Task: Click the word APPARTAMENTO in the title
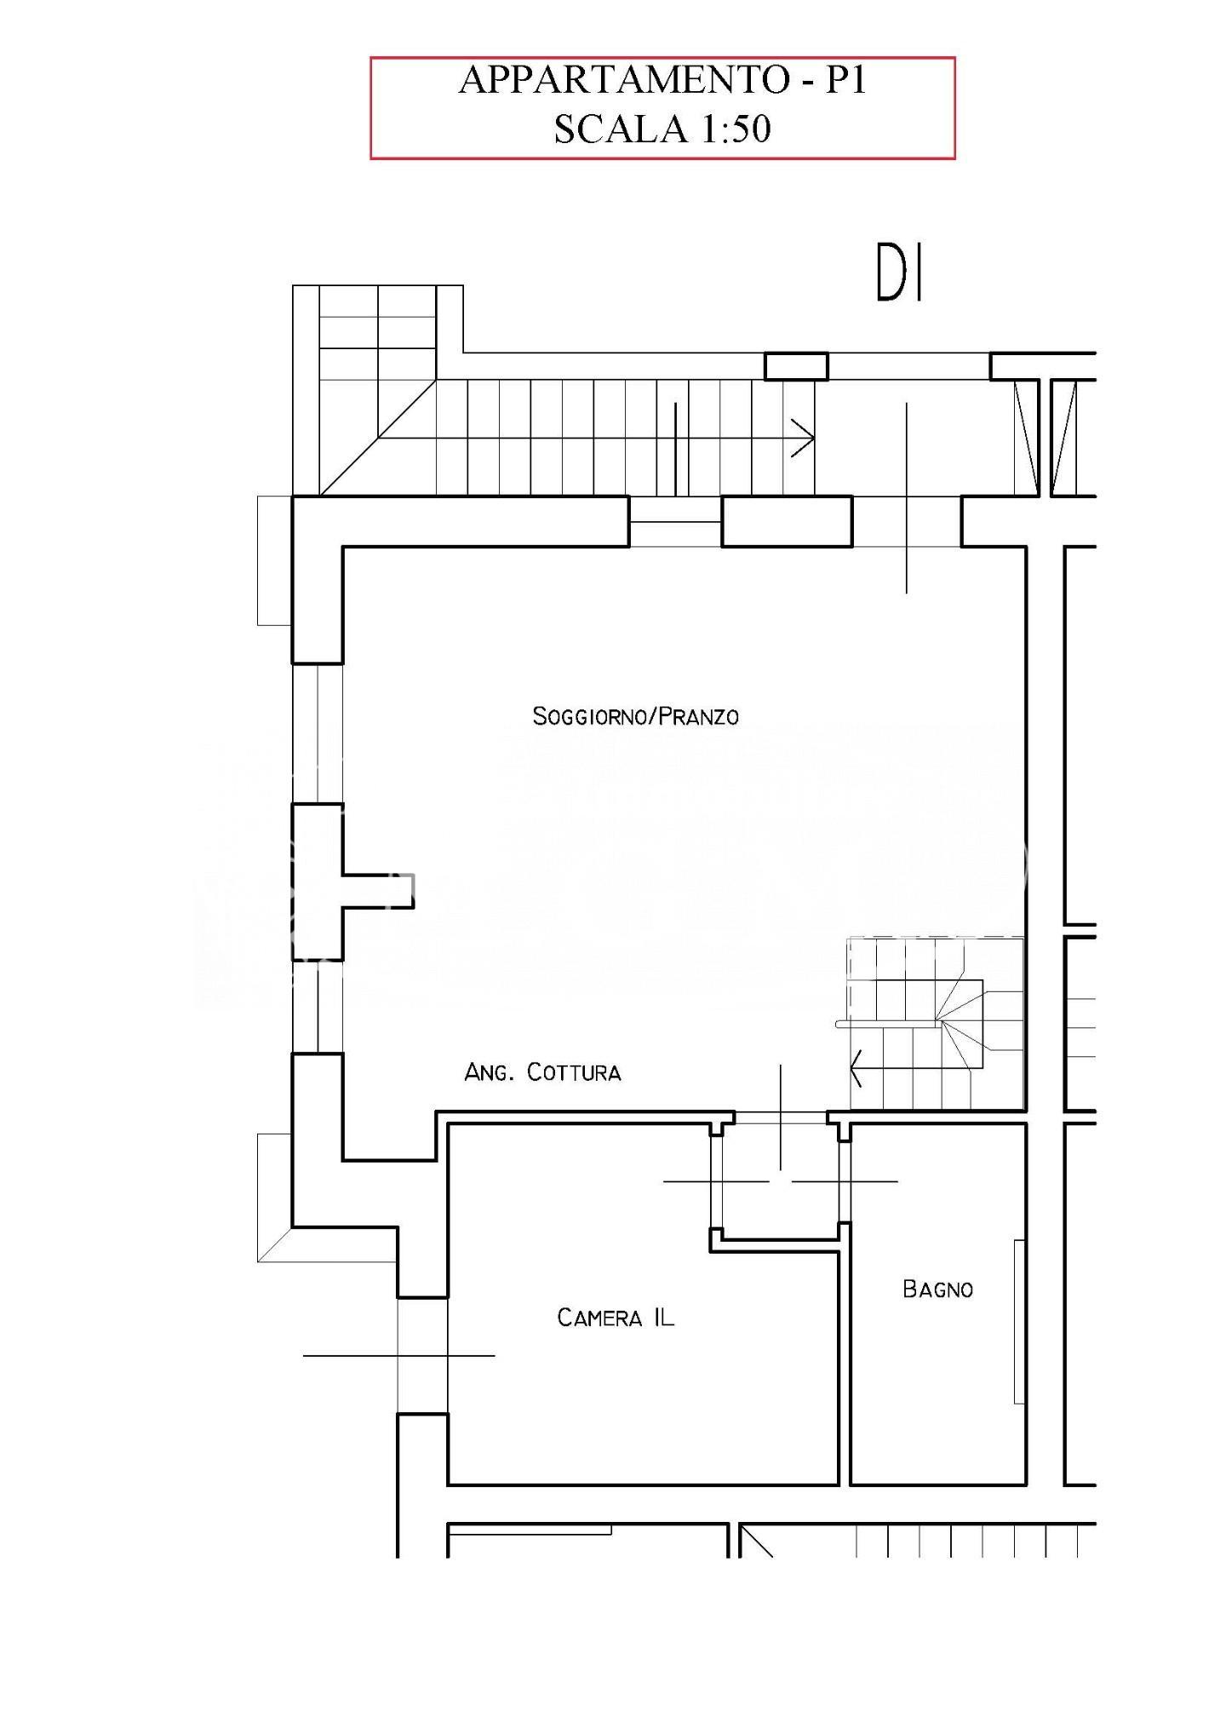[x=624, y=81]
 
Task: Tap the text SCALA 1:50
[x=662, y=129]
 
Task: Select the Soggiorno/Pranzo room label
[x=635, y=716]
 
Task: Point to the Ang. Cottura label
[x=542, y=1072]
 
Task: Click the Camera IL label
[x=615, y=1318]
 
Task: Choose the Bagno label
[x=937, y=1289]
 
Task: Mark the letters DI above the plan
[x=900, y=274]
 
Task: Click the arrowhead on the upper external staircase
[x=804, y=439]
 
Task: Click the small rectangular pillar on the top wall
[x=796, y=366]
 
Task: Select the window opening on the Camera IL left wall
[x=422, y=1356]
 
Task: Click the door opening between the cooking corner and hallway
[x=781, y=1117]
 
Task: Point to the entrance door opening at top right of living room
[x=907, y=521]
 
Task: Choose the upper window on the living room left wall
[x=318, y=733]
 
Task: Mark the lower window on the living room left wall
[x=318, y=1007]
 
